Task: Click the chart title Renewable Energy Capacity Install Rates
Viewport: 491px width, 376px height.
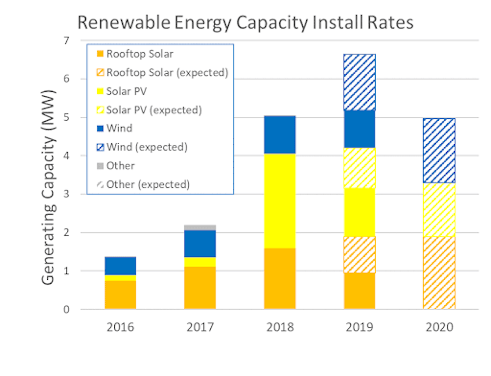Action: (x=245, y=23)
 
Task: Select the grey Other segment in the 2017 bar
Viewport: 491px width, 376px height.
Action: (x=200, y=227)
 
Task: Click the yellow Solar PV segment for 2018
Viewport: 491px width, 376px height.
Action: (x=280, y=201)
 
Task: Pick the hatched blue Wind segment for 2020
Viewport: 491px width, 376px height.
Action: (x=439, y=151)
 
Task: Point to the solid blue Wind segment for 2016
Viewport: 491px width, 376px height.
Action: (x=120, y=266)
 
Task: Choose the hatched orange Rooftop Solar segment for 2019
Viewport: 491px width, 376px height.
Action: (x=359, y=254)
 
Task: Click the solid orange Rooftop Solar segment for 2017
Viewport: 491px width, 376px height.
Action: (x=200, y=288)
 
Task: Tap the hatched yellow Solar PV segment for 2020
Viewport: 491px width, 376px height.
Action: (x=439, y=210)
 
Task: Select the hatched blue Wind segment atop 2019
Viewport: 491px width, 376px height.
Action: (x=359, y=82)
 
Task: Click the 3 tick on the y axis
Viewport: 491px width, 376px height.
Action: (x=67, y=194)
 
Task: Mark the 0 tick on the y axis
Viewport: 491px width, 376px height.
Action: (x=67, y=309)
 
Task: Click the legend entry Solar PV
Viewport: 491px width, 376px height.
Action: (x=127, y=91)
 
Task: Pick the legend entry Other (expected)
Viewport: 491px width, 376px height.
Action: (x=148, y=185)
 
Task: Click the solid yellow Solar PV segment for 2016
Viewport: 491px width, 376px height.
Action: (x=120, y=278)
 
